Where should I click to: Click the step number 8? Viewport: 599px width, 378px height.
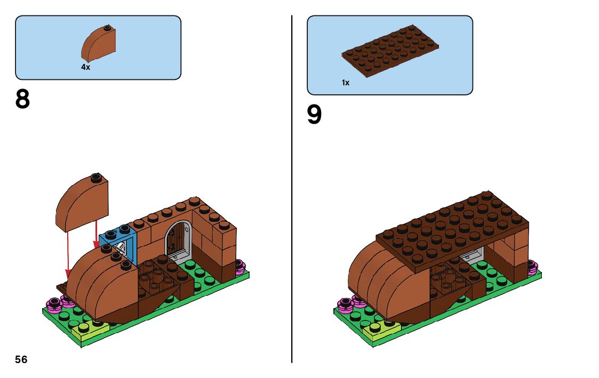[x=23, y=99]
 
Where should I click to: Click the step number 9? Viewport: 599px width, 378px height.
[x=315, y=115]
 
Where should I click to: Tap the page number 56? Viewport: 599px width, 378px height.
[x=21, y=359]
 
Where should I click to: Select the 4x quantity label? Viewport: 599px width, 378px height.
[x=85, y=67]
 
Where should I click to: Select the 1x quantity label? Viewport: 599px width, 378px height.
[x=346, y=83]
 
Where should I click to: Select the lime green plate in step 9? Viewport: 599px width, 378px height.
[x=383, y=331]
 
